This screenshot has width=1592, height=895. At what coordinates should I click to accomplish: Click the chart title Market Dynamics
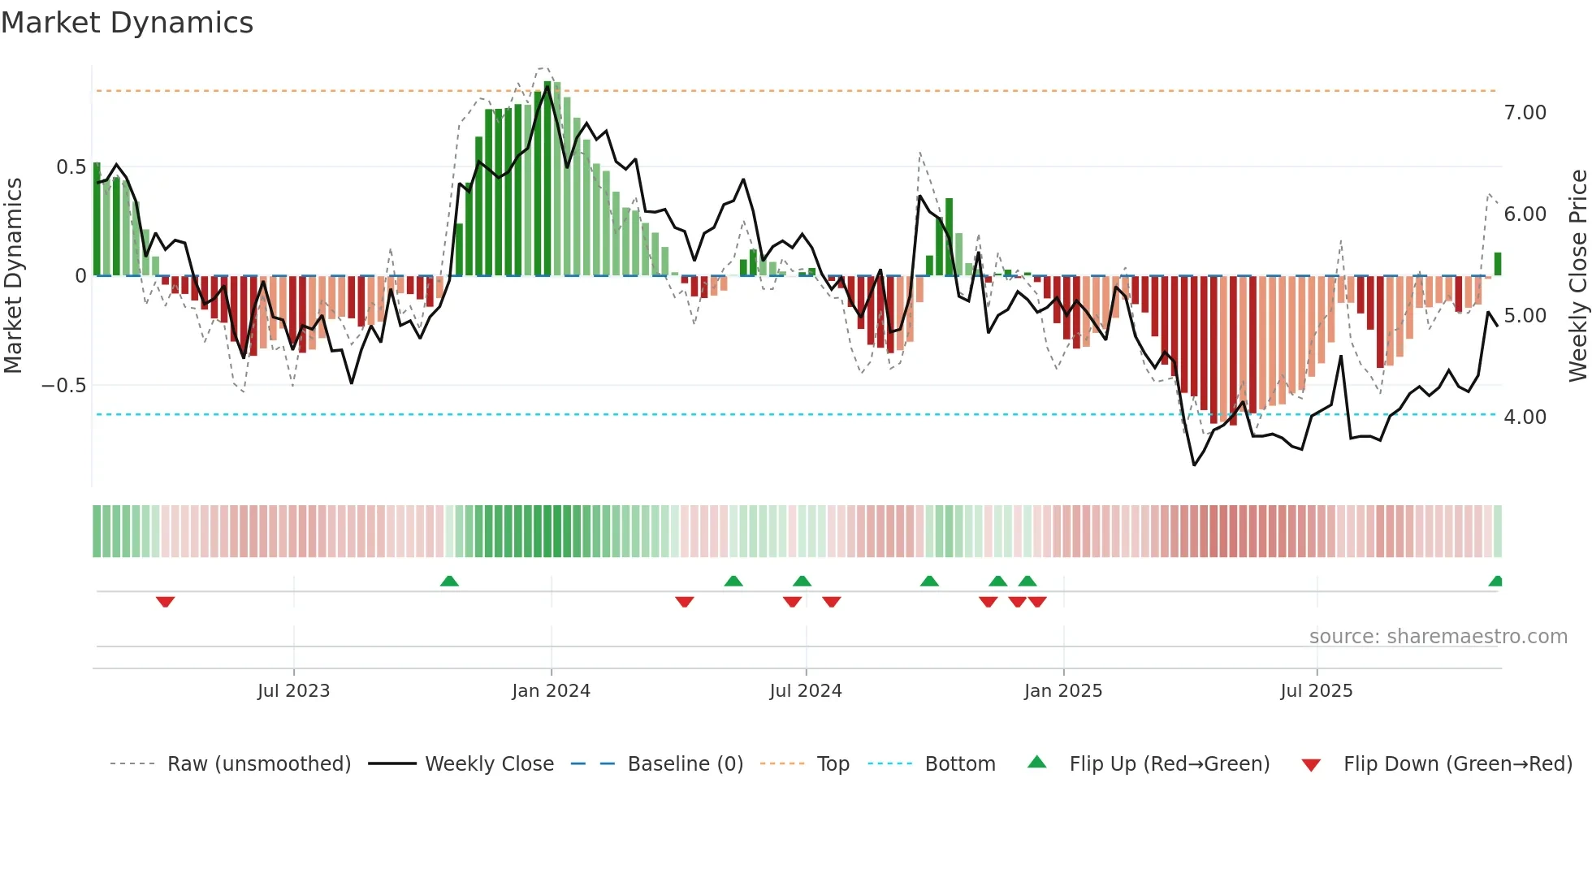(x=127, y=23)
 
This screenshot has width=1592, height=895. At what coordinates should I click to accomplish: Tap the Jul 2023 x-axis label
(x=293, y=691)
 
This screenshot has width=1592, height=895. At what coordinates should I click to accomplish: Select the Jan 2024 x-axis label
(x=551, y=691)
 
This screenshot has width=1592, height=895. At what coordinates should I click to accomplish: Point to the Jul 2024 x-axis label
(x=805, y=691)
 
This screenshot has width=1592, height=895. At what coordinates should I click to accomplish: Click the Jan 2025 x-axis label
(x=1062, y=691)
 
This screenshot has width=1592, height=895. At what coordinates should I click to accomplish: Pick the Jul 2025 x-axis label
(x=1316, y=691)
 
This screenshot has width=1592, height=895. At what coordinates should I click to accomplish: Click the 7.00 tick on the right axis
(x=1525, y=113)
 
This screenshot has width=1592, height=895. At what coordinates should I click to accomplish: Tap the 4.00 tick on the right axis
(x=1525, y=417)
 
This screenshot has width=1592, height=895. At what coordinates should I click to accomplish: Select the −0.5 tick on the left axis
(x=63, y=386)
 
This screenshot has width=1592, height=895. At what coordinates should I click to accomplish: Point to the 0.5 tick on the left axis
(x=71, y=167)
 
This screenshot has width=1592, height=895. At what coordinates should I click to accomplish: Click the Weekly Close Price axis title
(x=1577, y=275)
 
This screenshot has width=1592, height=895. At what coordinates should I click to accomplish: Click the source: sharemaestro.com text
(x=1438, y=637)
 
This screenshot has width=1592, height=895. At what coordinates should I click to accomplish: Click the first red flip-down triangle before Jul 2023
(x=165, y=602)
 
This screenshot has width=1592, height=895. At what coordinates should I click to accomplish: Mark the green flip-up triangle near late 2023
(x=449, y=581)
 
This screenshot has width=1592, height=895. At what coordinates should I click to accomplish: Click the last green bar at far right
(x=1498, y=264)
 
